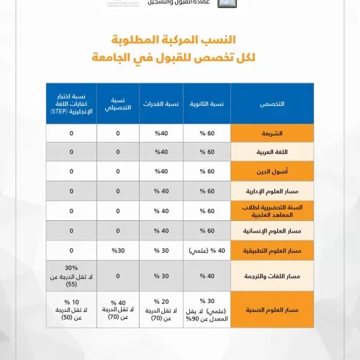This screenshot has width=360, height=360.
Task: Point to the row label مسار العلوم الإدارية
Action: (x=271, y=192)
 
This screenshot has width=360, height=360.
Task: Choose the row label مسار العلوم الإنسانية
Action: (x=271, y=230)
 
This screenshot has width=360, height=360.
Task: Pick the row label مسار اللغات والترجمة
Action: (x=271, y=275)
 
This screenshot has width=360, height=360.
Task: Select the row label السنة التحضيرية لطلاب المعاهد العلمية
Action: (x=271, y=211)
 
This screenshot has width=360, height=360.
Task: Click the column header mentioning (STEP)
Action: (x=71, y=104)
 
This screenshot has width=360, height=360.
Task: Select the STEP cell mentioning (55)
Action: (x=71, y=275)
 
